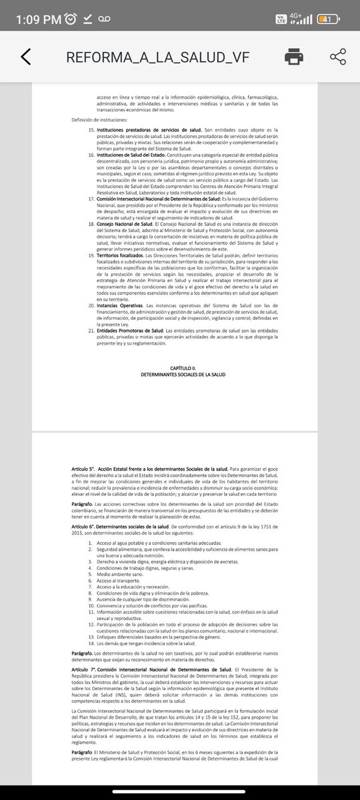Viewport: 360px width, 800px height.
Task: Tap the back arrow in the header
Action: tap(26, 57)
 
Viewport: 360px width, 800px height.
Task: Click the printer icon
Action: tap(294, 57)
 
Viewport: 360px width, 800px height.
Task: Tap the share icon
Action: tap(338, 57)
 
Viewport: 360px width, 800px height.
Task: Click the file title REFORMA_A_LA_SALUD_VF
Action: tap(156, 57)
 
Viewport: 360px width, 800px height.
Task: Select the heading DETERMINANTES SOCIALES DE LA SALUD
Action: tap(180, 375)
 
